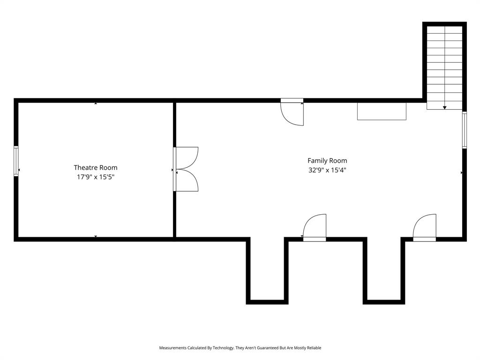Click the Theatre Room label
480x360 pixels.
tap(96, 167)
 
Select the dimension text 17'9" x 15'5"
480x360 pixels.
tap(96, 177)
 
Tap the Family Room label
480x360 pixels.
tap(327, 161)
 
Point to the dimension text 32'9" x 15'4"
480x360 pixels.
tap(327, 171)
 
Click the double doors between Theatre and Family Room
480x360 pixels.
tap(187, 169)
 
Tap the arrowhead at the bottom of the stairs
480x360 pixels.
tap(444, 108)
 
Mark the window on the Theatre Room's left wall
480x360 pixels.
tap(16, 161)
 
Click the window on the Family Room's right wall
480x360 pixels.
tap(465, 130)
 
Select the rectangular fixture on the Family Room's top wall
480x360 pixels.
tap(382, 111)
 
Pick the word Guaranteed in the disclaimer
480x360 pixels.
tap(268, 348)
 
